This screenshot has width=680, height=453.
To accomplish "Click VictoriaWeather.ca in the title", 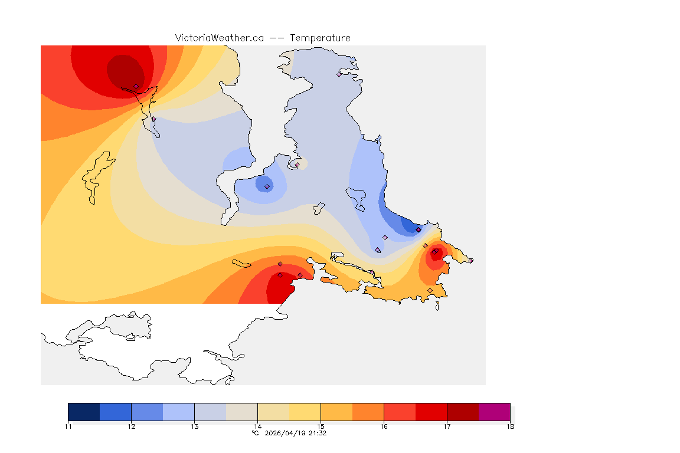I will tap(219, 38).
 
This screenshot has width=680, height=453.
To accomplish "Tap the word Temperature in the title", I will tap(320, 38).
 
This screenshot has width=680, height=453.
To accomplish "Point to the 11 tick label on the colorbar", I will tap(68, 426).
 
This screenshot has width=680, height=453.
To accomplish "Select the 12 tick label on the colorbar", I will tap(131, 426).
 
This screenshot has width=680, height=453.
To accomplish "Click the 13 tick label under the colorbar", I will tap(194, 426).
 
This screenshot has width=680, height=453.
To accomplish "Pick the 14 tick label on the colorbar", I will tap(257, 426).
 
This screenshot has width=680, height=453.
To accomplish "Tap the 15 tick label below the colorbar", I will tap(321, 426).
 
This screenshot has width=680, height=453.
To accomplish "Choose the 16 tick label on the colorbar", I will tap(384, 426).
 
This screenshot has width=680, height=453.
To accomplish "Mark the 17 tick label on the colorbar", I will tap(447, 426).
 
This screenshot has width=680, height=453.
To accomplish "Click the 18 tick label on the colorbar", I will tap(510, 426).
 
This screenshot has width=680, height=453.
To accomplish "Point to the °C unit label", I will tap(255, 433).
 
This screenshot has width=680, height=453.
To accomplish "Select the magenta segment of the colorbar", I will tap(494, 412).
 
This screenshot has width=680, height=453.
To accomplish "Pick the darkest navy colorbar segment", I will tap(84, 412).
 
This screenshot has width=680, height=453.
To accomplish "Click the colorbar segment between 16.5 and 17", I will tap(431, 412).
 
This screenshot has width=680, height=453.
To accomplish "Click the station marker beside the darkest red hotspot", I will tap(136, 86).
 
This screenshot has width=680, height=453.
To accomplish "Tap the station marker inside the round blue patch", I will tap(267, 186).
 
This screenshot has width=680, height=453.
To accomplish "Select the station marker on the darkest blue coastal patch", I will tap(418, 229).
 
